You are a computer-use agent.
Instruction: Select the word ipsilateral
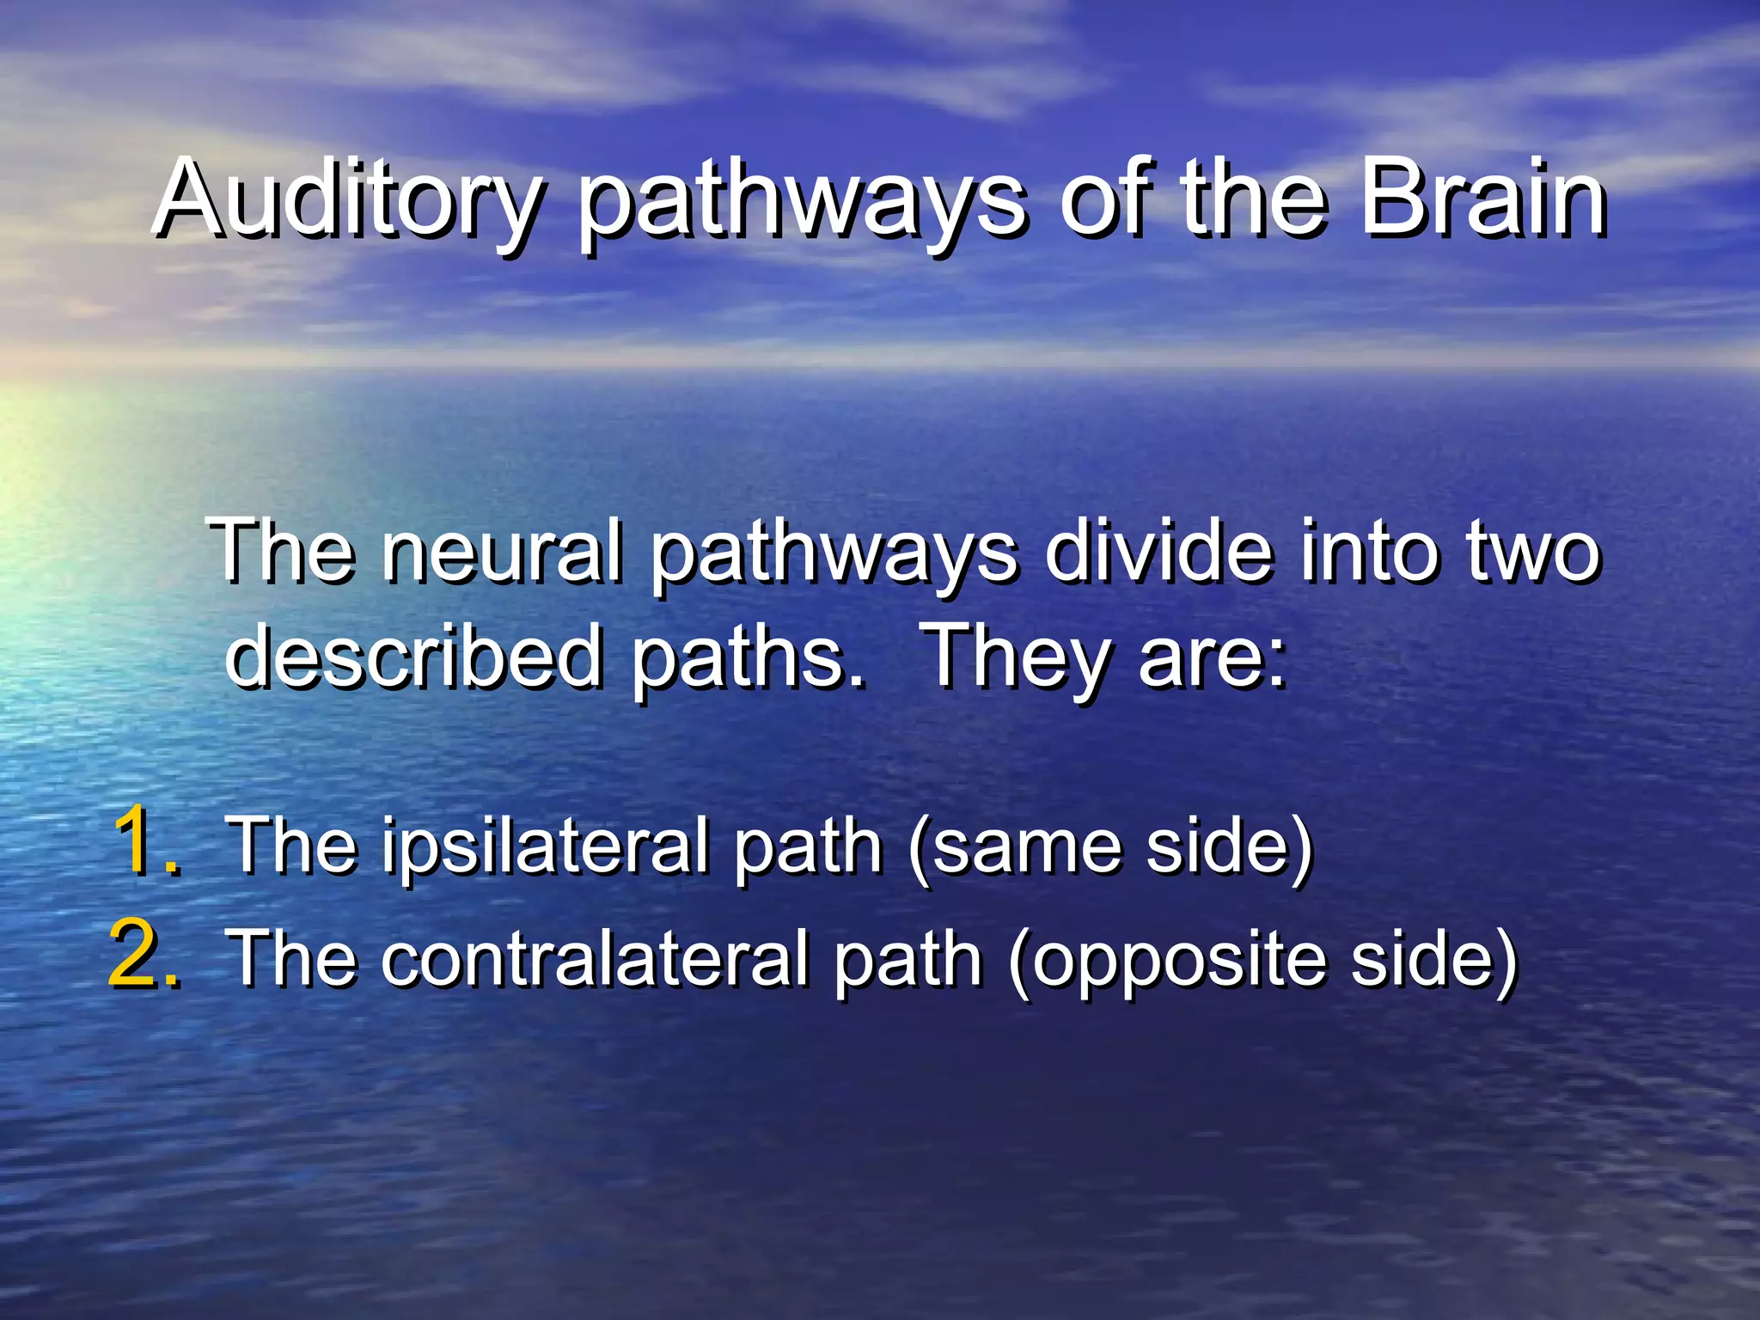click(545, 849)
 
